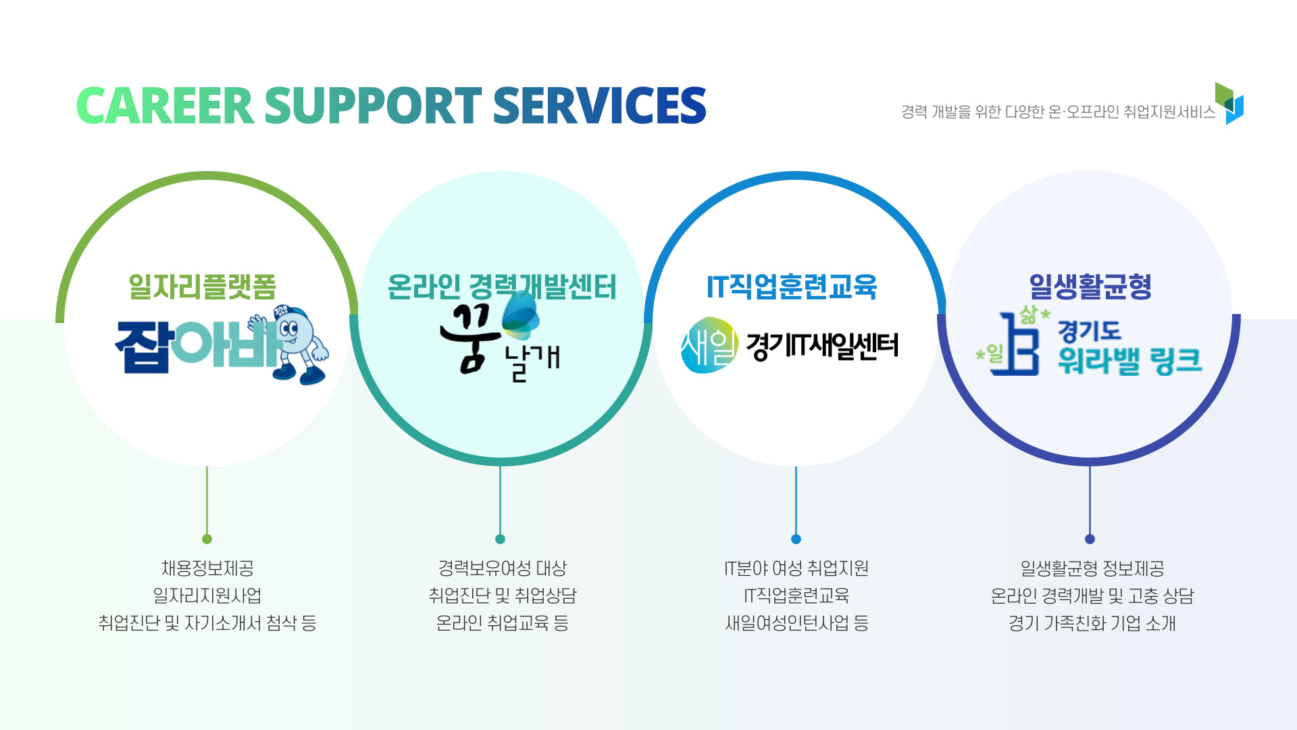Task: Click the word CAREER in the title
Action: point(165,106)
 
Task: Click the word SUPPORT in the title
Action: point(373,106)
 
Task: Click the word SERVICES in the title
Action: point(600,106)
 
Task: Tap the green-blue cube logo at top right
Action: point(1229,103)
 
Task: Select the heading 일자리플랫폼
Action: point(203,287)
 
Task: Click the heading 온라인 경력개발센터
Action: point(502,287)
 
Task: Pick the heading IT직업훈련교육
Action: point(792,287)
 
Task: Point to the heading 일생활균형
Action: point(1090,287)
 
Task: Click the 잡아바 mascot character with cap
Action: point(290,344)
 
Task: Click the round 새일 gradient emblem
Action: point(709,345)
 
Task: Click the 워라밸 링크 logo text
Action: point(1129,361)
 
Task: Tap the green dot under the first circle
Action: point(207,539)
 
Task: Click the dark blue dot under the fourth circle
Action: point(1090,539)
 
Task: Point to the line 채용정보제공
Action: point(207,568)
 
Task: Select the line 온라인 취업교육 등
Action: point(502,623)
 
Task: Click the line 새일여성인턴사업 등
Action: point(796,623)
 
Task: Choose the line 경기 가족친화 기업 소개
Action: point(1092,623)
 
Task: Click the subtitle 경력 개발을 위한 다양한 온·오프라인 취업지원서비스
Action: point(1058,112)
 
